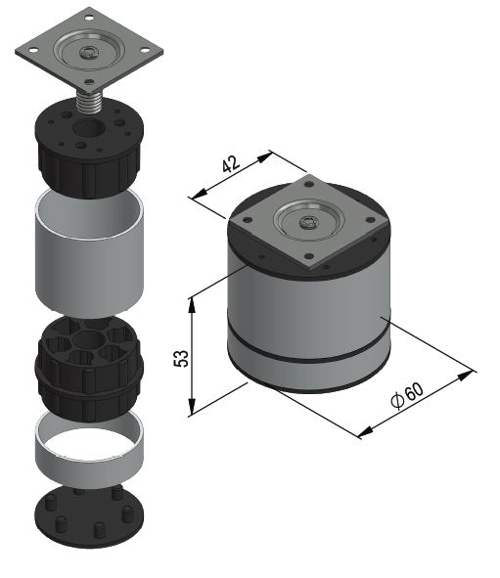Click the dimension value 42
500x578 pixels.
click(x=231, y=164)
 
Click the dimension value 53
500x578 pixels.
click(x=181, y=358)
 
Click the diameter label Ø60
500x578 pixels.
click(x=407, y=395)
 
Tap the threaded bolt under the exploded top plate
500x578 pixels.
click(x=88, y=102)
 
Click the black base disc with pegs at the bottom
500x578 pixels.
click(x=89, y=516)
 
